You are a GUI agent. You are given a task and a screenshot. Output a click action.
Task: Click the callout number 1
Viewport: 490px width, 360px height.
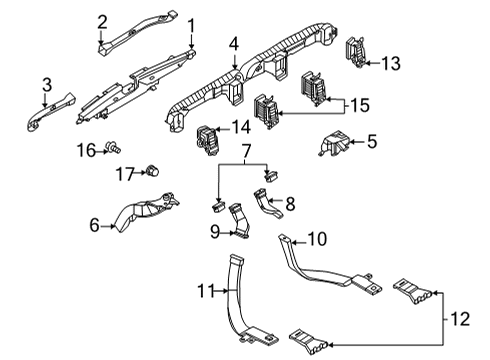tap(192, 24)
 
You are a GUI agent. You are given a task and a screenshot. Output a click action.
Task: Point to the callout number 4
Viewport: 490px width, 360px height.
tap(233, 44)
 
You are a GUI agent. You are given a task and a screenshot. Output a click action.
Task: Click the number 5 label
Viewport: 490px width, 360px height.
tap(372, 142)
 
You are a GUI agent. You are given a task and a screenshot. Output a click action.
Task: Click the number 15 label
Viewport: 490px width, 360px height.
tap(357, 104)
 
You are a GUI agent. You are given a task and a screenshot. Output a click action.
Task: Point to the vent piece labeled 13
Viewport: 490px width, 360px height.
tap(354, 55)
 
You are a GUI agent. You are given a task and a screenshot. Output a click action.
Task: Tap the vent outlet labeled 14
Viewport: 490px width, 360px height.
tap(211, 139)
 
